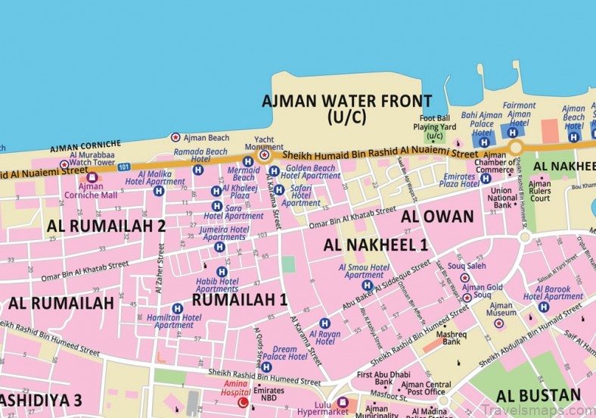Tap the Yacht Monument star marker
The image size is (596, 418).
click(x=264, y=155)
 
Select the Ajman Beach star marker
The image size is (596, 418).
click(x=175, y=138)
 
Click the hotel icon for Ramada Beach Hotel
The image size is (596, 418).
click(x=197, y=170)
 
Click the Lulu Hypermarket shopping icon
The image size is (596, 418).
click(x=342, y=402)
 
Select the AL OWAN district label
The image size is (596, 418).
click(x=436, y=217)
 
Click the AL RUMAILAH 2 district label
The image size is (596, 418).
click(x=106, y=225)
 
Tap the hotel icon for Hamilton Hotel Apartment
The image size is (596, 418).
click(x=176, y=308)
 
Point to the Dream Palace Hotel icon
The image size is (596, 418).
click(x=265, y=367)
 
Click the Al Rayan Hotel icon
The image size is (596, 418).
click(x=324, y=323)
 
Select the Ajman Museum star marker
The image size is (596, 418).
click(x=498, y=323)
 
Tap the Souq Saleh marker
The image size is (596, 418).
click(x=464, y=278)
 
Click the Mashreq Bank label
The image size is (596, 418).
click(x=452, y=336)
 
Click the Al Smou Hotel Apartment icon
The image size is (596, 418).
click(x=366, y=285)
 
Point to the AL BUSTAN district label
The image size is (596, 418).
click(x=539, y=395)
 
